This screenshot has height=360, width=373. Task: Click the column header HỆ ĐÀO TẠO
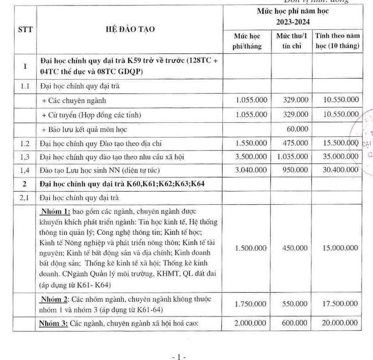coord(129,29)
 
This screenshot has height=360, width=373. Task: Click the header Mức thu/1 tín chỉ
coord(291,41)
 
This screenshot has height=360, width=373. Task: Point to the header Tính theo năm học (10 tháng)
coord(337,41)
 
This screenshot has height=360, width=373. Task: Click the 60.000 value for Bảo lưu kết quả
coord(297,129)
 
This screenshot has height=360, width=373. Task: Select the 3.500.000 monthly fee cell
coord(251,157)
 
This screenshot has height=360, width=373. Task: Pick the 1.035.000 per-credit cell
coord(292,157)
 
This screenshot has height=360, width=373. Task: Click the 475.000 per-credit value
coord(296,143)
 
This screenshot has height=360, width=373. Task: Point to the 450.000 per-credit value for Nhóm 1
coord(295,248)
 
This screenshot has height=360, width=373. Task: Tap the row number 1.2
coord(25,143)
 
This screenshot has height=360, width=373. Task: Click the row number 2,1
coord(25,198)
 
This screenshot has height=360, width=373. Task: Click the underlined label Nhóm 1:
coord(53,212)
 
